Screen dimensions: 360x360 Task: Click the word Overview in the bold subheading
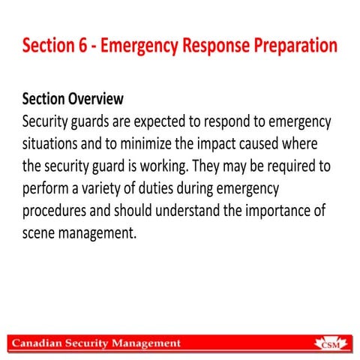click(x=95, y=99)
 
